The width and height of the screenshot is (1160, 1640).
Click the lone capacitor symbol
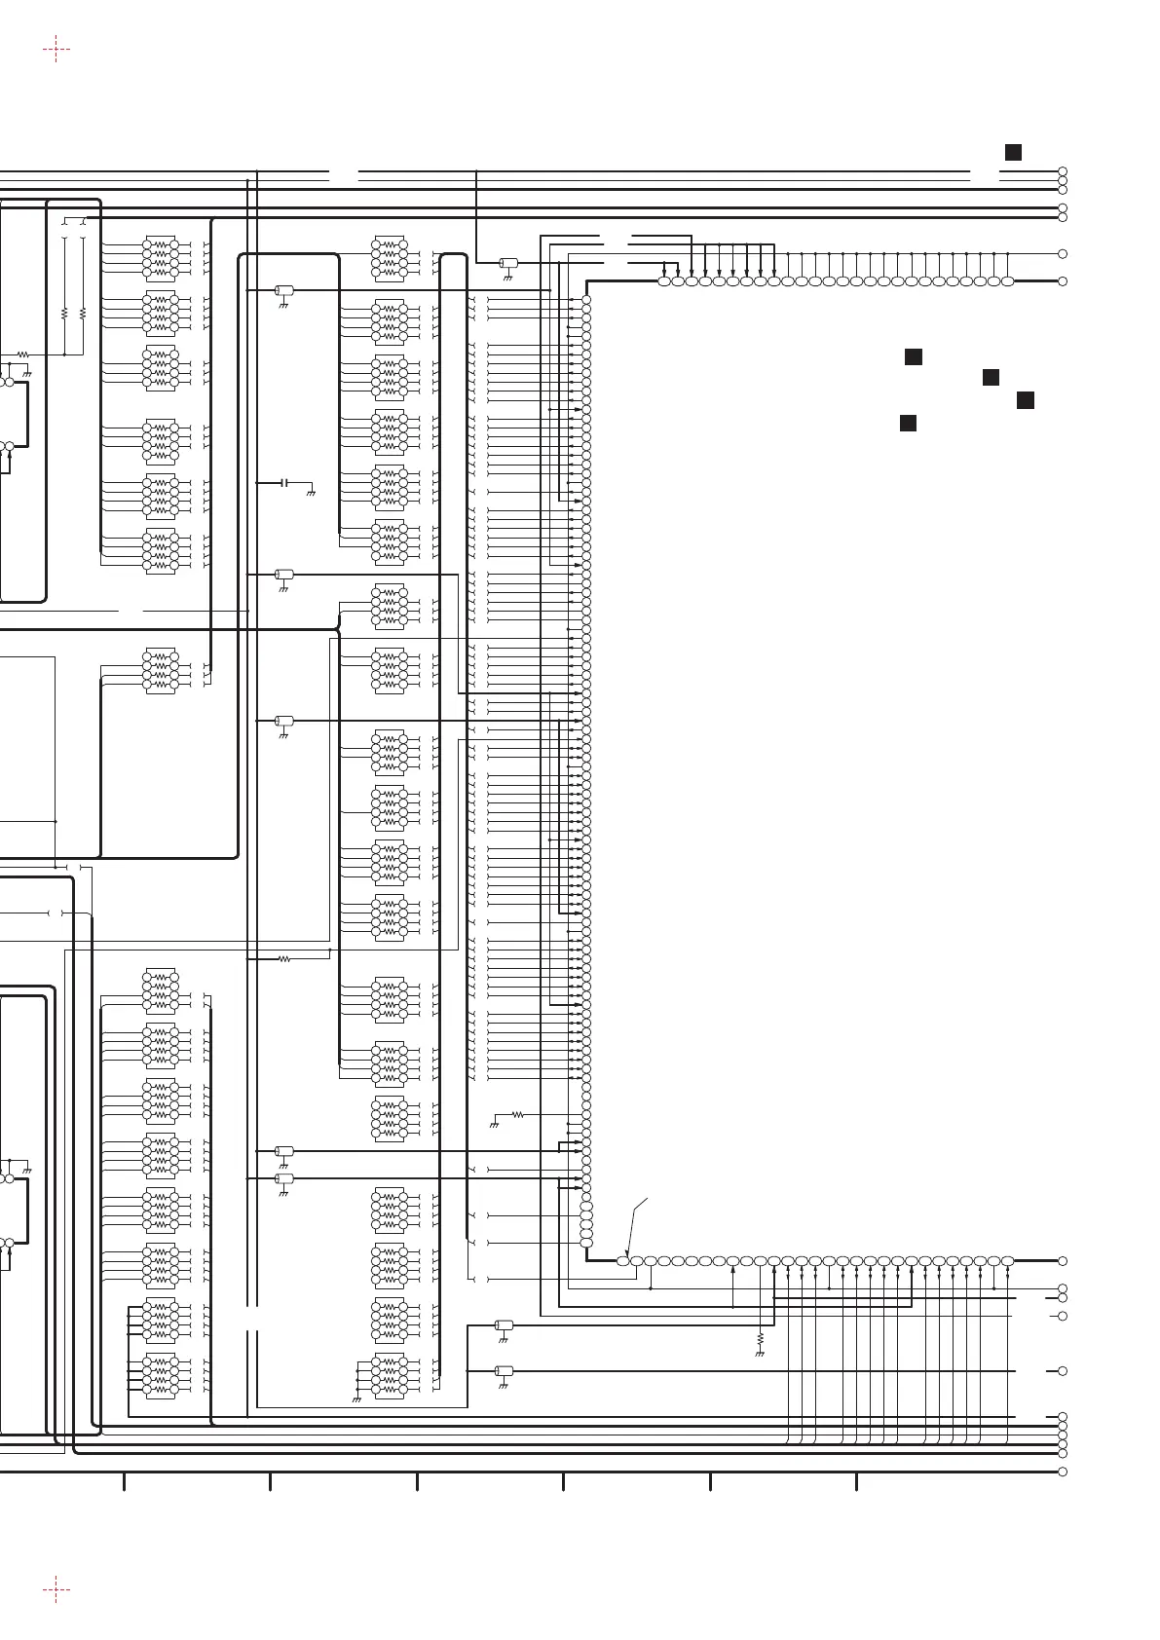[x=284, y=483]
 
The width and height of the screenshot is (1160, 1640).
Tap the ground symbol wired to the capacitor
[x=311, y=494]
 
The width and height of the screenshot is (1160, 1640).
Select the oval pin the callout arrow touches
[x=623, y=1261]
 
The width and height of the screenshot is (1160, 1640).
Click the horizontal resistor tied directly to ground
[x=517, y=1114]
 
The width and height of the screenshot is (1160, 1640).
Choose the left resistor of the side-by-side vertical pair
[x=64, y=315]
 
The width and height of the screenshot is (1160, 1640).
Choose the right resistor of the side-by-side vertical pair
[x=83, y=315]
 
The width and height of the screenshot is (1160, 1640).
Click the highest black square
[x=1013, y=152]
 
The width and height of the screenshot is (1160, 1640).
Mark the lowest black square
[x=908, y=423]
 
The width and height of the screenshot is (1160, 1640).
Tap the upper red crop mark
[x=56, y=49]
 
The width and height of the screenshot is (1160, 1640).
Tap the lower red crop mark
[x=56, y=1590]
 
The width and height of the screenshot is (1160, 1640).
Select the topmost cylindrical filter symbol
[x=507, y=263]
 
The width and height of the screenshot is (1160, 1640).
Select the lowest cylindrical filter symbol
[x=504, y=1371]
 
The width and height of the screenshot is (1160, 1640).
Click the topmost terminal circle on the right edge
[x=1063, y=172]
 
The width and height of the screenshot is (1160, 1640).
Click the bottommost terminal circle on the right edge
[x=1063, y=1472]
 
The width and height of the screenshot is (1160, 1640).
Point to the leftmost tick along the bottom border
[x=124, y=1481]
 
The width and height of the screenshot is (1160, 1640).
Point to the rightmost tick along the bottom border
[x=856, y=1481]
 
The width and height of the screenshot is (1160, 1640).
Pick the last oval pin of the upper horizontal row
[x=1007, y=281]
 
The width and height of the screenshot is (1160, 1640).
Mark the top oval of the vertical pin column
[x=586, y=300]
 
